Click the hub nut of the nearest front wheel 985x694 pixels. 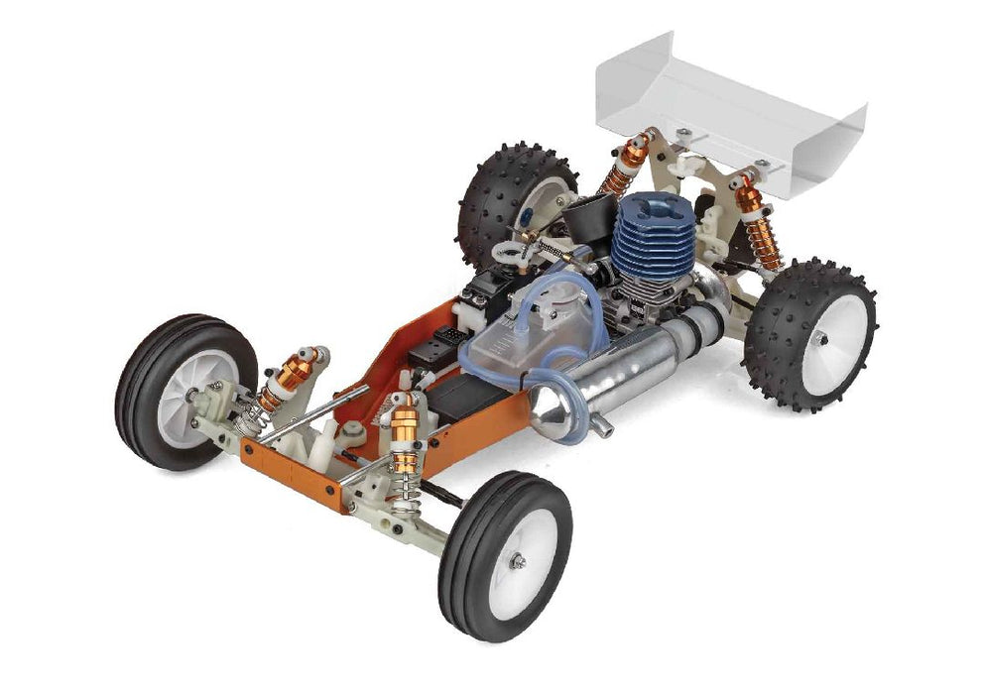click(518, 561)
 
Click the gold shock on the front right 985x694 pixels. click(405, 436)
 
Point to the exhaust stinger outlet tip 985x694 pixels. click(605, 432)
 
